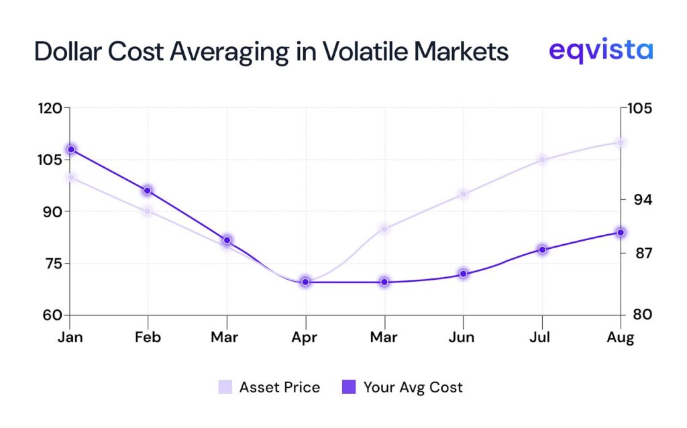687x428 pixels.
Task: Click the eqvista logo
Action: (600, 50)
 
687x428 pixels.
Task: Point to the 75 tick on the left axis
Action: (50, 263)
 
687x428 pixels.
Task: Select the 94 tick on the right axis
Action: (637, 200)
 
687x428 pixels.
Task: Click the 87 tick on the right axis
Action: (637, 253)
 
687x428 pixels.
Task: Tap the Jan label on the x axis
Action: (70, 337)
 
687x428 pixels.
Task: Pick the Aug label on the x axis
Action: (621, 337)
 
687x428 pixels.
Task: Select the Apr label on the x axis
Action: (306, 337)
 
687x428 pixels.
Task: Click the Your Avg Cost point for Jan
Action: (70, 150)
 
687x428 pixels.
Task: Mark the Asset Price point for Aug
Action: (621, 142)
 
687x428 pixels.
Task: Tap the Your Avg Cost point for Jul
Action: (542, 250)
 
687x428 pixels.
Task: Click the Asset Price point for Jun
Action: (463, 194)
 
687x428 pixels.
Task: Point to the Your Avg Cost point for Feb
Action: (148, 191)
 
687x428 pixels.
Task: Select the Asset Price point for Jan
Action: (70, 178)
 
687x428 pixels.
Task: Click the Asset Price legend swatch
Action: (225, 387)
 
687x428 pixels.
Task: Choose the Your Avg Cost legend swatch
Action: (349, 387)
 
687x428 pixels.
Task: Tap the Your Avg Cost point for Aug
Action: (621, 232)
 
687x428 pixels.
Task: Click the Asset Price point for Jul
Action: (542, 160)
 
